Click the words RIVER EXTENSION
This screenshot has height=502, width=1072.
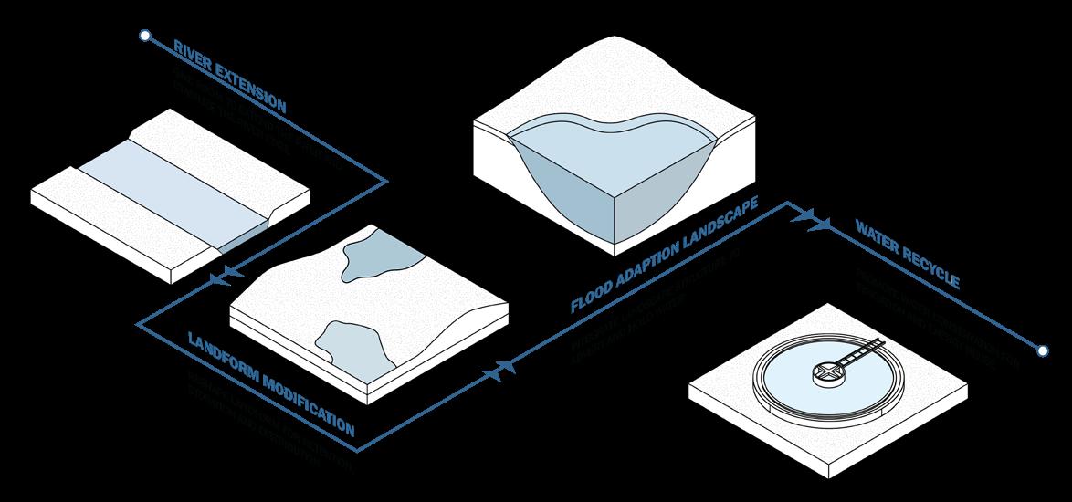[x=229, y=77]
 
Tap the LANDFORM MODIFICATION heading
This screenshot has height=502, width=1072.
[x=270, y=382]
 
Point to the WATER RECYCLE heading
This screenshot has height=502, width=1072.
[x=906, y=253]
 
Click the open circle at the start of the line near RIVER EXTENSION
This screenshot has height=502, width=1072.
[x=143, y=36]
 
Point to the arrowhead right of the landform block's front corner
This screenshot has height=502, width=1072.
[x=504, y=368]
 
